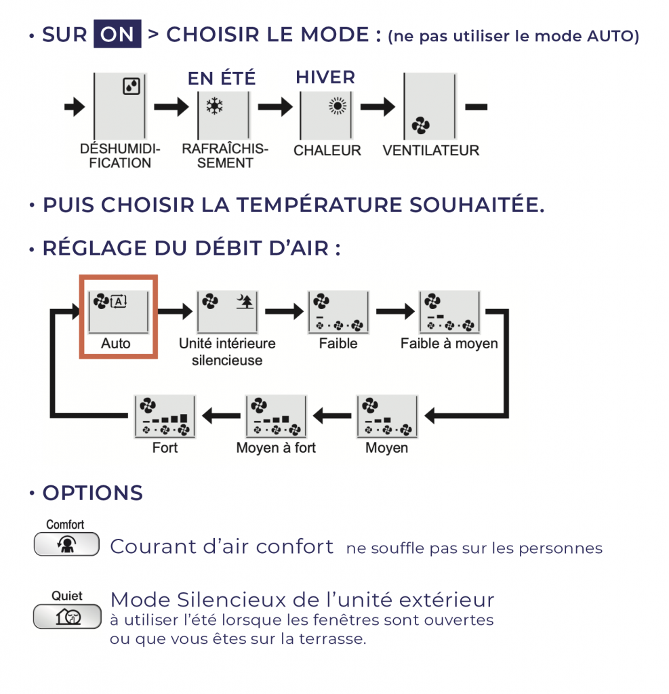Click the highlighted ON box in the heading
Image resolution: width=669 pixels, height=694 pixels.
click(117, 34)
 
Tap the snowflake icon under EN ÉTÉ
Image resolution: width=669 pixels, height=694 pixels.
click(215, 106)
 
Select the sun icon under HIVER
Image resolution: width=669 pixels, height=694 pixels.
click(336, 106)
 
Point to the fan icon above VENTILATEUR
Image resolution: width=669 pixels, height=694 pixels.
click(420, 125)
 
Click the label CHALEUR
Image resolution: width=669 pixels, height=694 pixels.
click(327, 150)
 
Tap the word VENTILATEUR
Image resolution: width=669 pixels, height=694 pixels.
click(430, 150)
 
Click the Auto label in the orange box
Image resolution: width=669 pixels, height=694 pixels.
click(116, 344)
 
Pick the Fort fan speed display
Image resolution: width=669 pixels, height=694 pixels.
click(165, 416)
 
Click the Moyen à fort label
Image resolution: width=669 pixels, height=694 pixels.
click(276, 448)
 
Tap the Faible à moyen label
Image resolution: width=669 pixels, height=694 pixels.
click(449, 344)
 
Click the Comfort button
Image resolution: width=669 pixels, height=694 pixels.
click(66, 545)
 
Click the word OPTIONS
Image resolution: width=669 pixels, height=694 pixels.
click(93, 493)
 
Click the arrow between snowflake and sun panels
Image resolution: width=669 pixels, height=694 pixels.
click(275, 106)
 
